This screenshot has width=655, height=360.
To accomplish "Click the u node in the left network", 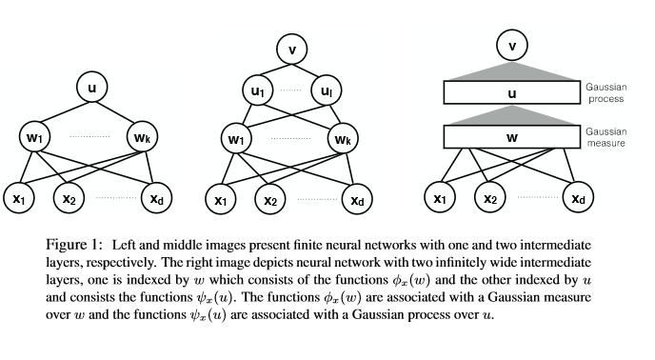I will pos(91,90).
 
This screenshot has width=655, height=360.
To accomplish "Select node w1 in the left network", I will pos(34,138).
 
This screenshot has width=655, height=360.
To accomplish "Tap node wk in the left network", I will pos(149,138).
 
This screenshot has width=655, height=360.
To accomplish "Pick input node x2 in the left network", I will pos(69,199).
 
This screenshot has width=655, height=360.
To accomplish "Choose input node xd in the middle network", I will pos(354,199).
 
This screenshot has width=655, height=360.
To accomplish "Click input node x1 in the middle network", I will pos(220,199).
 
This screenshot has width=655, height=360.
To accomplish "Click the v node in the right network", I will pos(513,45).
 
